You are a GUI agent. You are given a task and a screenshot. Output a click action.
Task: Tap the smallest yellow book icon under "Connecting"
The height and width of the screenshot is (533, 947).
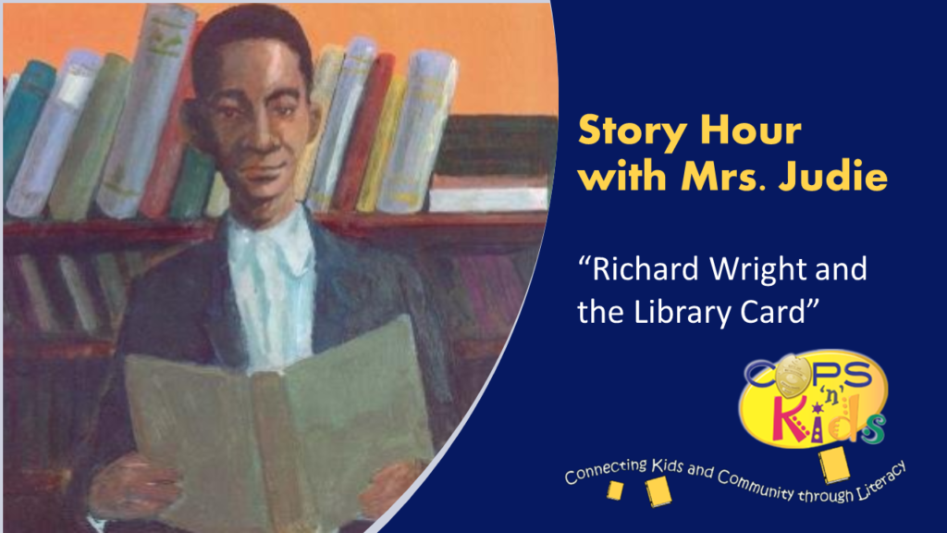(x=614, y=491)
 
